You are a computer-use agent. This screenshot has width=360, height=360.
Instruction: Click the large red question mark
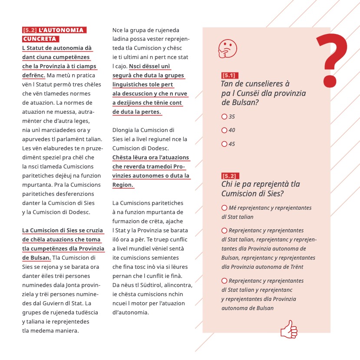coord(332,59)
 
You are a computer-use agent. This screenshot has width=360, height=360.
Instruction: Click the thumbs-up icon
coord(289,329)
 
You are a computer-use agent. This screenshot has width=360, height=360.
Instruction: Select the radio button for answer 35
coord(224,117)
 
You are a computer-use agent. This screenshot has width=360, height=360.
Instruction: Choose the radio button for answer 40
coord(224,130)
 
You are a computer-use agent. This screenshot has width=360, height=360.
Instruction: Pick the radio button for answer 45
coord(224,144)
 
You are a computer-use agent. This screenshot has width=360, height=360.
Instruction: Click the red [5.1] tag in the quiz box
coord(228,76)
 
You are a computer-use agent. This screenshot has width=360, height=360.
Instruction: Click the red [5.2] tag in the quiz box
coord(228,176)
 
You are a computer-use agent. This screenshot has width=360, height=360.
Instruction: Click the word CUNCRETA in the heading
coord(40,39)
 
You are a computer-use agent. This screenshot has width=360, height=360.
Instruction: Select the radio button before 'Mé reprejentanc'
coord(224,208)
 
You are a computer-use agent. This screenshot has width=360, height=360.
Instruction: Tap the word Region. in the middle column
coord(123,185)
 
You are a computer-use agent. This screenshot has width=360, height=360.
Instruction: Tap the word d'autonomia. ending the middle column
coord(130,312)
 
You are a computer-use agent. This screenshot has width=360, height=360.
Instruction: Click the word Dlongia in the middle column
coord(123,130)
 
